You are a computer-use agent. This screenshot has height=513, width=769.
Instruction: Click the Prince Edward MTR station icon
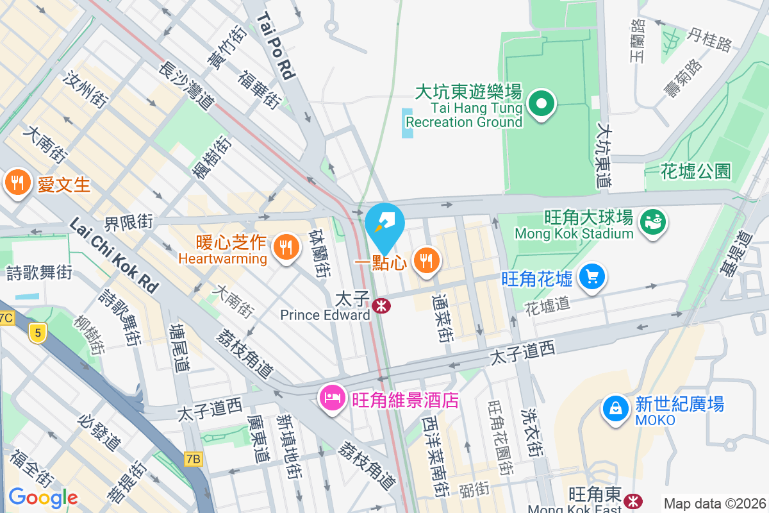(x=381, y=306)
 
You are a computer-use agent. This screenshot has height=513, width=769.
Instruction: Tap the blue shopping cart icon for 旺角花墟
(x=591, y=277)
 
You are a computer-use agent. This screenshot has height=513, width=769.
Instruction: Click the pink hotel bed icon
(x=332, y=398)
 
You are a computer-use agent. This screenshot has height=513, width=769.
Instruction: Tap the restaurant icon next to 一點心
(x=424, y=260)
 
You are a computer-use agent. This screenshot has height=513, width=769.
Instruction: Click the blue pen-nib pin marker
(x=384, y=226)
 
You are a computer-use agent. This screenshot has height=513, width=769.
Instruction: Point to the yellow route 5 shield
(x=38, y=333)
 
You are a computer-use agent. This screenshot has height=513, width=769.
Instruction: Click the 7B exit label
(x=193, y=458)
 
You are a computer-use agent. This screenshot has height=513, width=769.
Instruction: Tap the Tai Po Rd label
(x=276, y=48)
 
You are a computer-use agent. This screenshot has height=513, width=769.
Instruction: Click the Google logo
(x=43, y=497)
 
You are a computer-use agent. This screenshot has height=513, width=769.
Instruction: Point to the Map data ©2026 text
(x=715, y=503)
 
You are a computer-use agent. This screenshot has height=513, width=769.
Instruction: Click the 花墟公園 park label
(x=696, y=171)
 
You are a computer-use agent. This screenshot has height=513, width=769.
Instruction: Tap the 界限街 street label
(x=128, y=223)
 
